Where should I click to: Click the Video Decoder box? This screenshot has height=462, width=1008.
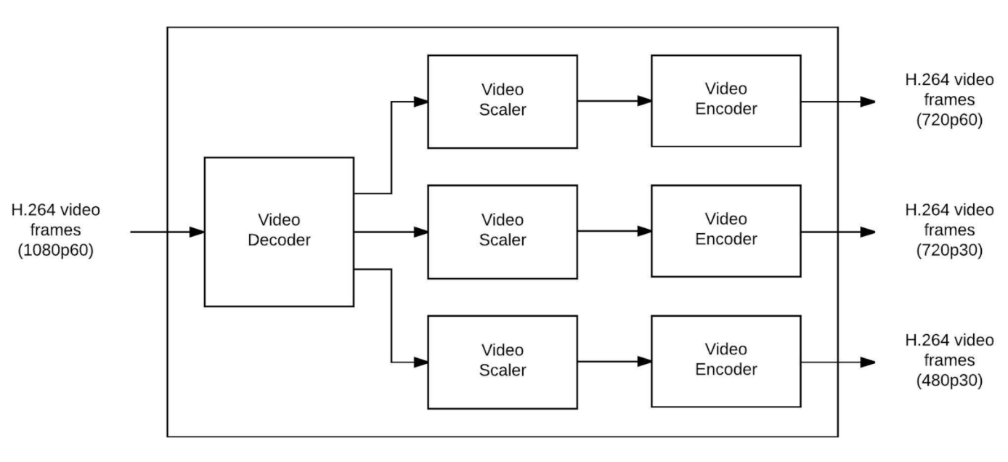click(x=279, y=231)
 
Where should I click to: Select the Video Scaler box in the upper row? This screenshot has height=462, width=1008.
click(x=502, y=101)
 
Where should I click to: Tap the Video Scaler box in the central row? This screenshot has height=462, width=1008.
click(x=502, y=231)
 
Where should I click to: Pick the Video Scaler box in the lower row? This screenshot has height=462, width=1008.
click(x=502, y=361)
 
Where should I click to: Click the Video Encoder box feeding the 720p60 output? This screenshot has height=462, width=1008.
click(x=725, y=100)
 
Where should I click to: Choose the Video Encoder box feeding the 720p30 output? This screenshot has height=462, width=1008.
click(x=725, y=230)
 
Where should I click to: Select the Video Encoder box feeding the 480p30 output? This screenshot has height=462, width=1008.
click(x=725, y=360)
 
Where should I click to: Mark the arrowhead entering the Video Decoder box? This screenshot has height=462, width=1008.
click(x=197, y=232)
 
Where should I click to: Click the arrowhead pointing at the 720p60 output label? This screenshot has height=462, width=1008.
click(x=867, y=102)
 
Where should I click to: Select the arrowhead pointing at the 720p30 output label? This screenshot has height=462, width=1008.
click(x=867, y=232)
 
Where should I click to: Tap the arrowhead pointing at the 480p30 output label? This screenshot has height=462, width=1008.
click(x=867, y=361)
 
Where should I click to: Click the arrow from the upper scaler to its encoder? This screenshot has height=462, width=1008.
click(x=614, y=101)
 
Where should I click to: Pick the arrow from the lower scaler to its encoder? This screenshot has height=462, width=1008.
click(x=614, y=360)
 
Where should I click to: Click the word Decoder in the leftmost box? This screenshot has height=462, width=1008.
click(x=279, y=240)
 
